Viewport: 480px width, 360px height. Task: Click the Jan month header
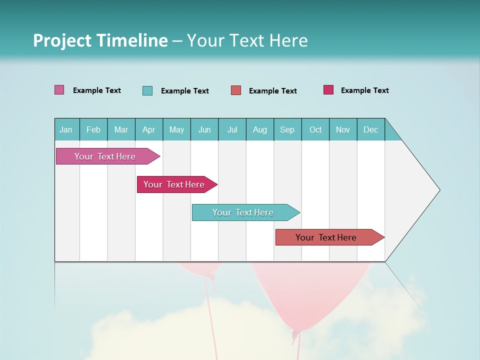click(66, 129)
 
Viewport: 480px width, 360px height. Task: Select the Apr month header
click(148, 129)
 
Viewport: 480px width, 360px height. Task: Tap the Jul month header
click(232, 129)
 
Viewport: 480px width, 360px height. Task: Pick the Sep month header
click(287, 129)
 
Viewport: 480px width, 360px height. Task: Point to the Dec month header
click(370, 129)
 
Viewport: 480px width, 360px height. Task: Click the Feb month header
click(93, 129)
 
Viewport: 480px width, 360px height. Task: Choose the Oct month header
click(315, 129)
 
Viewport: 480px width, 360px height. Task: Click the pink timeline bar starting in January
click(105, 156)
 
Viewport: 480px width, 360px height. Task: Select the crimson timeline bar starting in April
click(174, 184)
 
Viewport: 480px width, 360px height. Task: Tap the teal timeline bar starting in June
click(243, 212)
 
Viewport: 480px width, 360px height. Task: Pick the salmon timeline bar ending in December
click(326, 237)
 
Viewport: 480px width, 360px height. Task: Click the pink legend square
click(59, 90)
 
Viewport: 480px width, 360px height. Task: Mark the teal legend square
click(147, 90)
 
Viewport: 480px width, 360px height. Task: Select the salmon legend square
click(236, 90)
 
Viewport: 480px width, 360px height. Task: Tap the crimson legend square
click(328, 90)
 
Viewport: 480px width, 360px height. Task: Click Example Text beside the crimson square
click(364, 90)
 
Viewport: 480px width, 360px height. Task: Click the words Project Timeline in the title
click(100, 40)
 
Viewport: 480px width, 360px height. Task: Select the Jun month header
click(204, 129)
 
